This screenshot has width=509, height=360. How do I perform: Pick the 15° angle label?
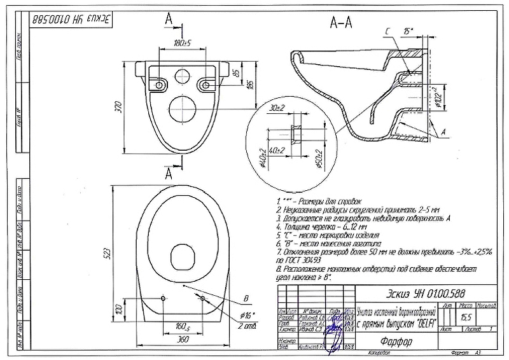coord(408,30)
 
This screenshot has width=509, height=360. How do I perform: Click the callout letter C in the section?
coord(387,31)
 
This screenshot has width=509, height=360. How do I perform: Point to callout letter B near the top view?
coord(246,296)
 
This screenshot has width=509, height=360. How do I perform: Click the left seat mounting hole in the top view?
coord(164,298)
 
